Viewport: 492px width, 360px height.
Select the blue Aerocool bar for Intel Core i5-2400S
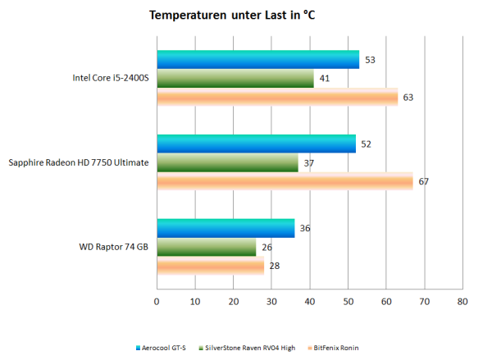coord(257,59)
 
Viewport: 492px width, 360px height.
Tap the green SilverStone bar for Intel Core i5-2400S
coord(235,79)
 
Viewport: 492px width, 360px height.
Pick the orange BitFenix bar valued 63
coord(276,98)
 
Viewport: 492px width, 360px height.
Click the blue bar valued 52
coord(256,144)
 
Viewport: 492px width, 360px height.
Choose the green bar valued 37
coord(227,163)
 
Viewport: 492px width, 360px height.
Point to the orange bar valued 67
coord(285,181)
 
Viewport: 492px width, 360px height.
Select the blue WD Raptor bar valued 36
coord(225,228)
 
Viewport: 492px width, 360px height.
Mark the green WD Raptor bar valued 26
coord(206,247)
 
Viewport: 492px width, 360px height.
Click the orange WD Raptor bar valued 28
coord(210,266)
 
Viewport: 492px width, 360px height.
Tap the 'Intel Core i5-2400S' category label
coord(111,79)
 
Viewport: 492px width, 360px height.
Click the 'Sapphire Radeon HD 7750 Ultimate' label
coord(79,162)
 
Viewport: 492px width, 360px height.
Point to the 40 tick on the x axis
coord(309,302)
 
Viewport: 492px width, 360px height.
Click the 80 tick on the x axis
coord(462,302)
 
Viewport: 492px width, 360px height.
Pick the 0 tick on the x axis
coord(157,302)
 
